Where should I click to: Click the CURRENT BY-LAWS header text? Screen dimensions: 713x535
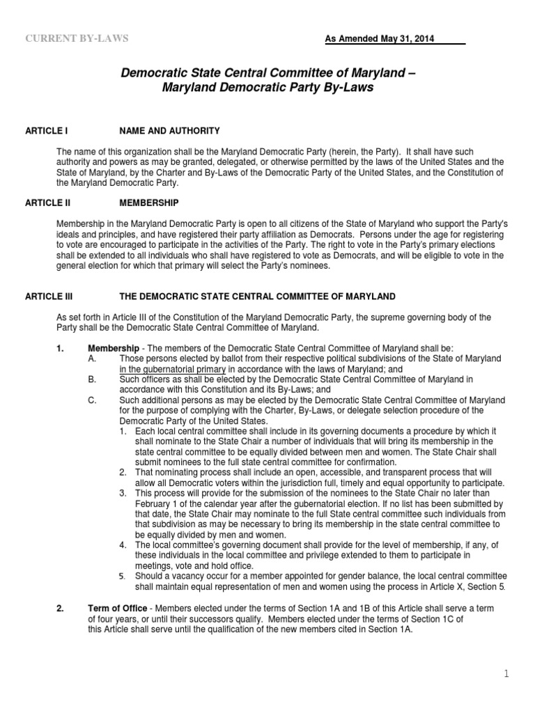[x=77, y=39]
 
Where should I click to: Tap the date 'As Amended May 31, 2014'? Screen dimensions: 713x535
[x=380, y=39]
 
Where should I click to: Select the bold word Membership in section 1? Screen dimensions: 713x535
[x=109, y=348]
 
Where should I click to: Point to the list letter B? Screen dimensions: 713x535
[x=92, y=379]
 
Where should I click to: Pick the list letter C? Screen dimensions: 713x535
[x=92, y=400]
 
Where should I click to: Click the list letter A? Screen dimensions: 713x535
[x=92, y=359]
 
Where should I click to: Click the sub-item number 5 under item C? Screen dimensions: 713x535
[x=122, y=577]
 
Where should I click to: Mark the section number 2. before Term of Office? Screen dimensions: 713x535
[x=61, y=609]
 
